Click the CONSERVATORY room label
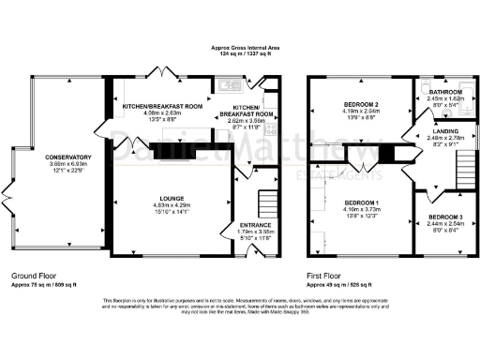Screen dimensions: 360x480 coord(59,157)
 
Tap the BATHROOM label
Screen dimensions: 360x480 coord(445,92)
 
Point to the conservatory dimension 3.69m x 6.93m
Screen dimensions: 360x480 coord(59,164)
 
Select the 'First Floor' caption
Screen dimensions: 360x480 coord(324,275)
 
